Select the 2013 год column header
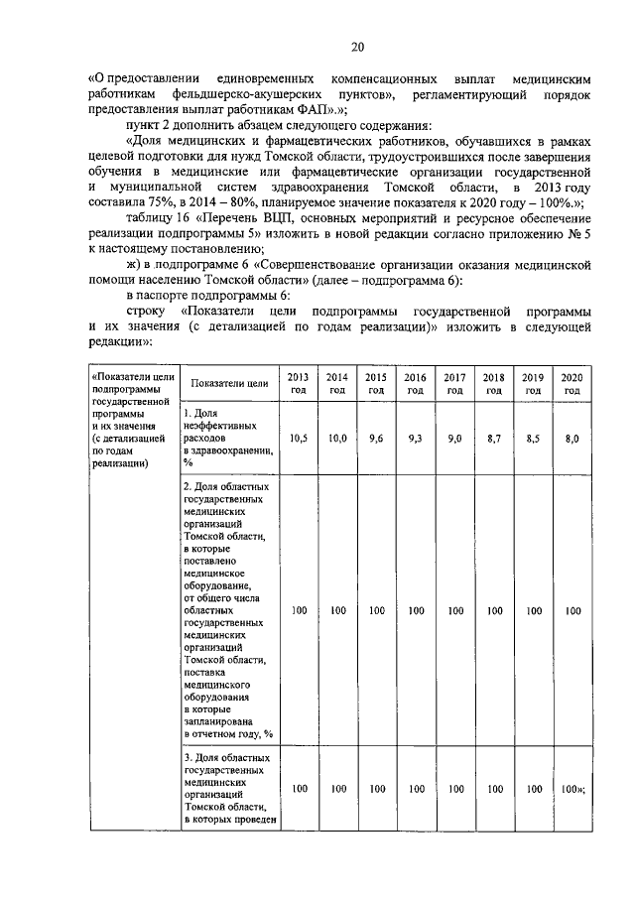pos(298,383)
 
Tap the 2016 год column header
pos(416,383)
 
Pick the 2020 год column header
pos(571,383)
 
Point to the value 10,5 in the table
pos(298,438)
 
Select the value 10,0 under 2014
pos(337,438)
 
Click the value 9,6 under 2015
pos(376,438)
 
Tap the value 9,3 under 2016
pos(416,438)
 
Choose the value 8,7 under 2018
pos(493,438)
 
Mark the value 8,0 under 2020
pos(571,438)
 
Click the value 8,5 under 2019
pos(533,438)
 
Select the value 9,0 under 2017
pos(454,438)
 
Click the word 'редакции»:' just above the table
pos(120,342)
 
